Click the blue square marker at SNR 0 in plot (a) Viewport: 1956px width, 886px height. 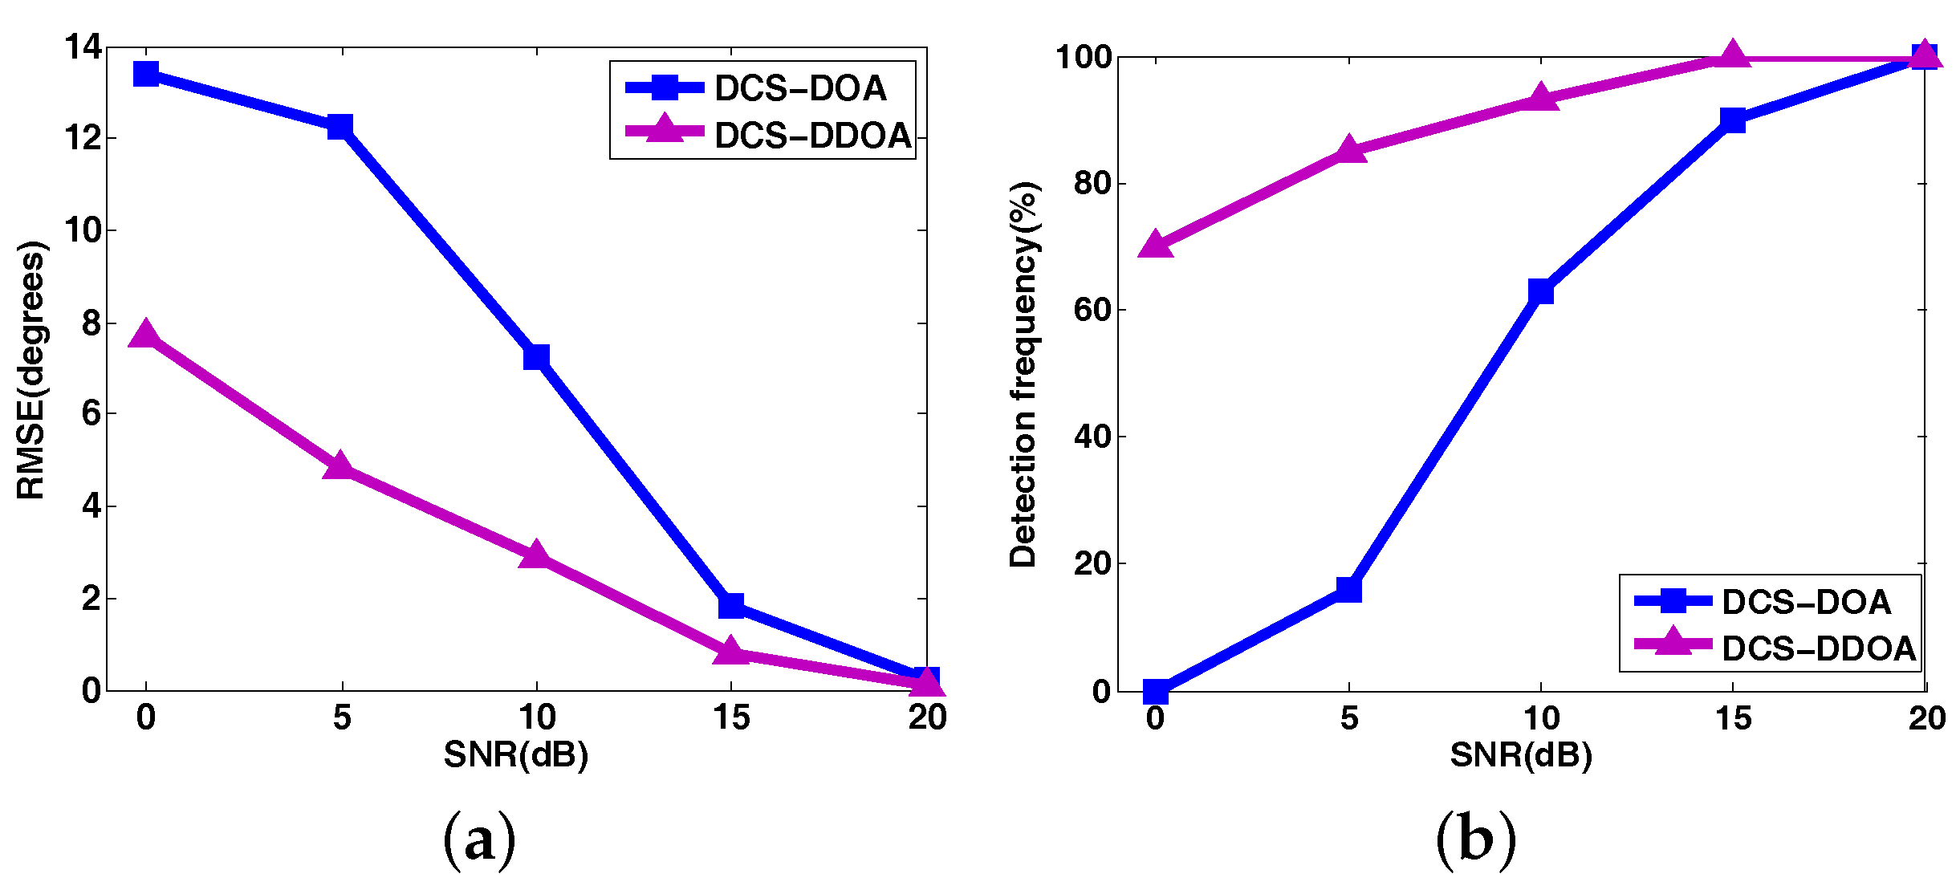(146, 75)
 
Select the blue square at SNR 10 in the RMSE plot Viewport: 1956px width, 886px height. (536, 357)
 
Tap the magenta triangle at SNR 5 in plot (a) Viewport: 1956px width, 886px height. (340, 466)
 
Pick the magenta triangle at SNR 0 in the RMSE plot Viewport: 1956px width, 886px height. (146, 335)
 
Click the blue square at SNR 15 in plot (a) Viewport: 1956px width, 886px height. (731, 605)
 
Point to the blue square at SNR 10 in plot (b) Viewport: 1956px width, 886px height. (1541, 291)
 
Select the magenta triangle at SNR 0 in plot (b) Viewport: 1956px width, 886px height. (1156, 244)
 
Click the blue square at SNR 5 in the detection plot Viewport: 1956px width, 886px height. (1349, 590)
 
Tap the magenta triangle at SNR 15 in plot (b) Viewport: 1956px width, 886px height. (1733, 55)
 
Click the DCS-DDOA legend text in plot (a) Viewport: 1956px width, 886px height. (812, 136)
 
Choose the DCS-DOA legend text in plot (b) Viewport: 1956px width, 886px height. (1806, 602)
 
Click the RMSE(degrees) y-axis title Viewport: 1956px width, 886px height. (32, 370)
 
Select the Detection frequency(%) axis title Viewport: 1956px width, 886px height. (1023, 374)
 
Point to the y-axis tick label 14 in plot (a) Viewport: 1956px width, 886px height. (84, 47)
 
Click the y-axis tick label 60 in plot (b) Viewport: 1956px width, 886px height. (1092, 310)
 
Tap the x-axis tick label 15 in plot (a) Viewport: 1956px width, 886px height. (731, 717)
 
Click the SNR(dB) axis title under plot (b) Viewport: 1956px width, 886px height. (1521, 755)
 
